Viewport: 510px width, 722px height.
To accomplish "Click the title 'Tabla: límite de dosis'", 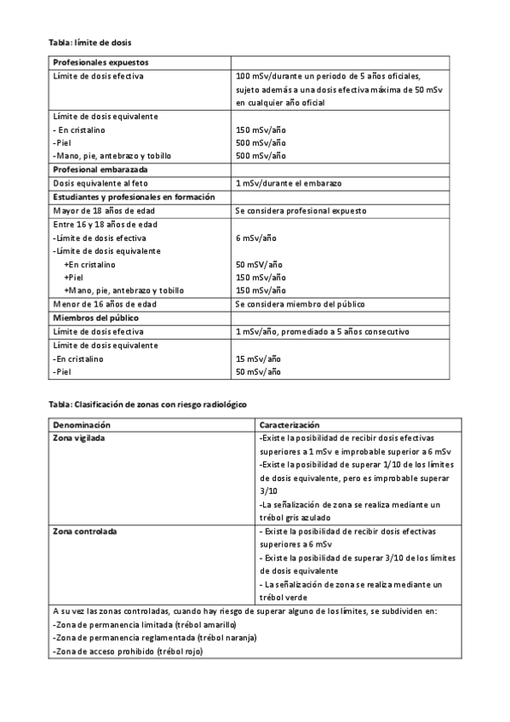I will tap(89, 42).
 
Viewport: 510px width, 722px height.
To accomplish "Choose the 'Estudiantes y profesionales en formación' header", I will tap(135, 197).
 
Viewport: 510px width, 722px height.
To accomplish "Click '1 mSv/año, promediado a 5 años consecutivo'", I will tap(323, 331).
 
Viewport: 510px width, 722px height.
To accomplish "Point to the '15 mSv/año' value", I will tap(257, 358).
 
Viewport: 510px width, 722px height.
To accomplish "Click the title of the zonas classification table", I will tap(146, 404).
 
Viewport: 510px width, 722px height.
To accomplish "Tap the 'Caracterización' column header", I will tap(289, 423).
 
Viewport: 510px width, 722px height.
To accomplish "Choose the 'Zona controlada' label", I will tap(85, 530).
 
